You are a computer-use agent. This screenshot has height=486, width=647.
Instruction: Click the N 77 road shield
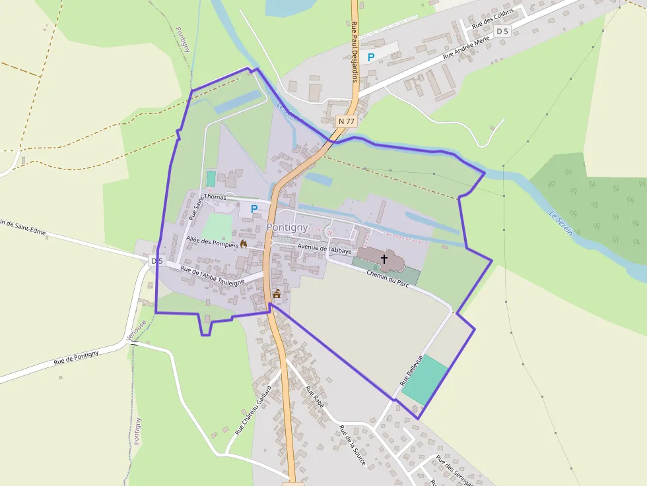pyautogui.click(x=347, y=121)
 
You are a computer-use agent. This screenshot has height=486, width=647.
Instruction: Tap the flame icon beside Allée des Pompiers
pyautogui.click(x=244, y=244)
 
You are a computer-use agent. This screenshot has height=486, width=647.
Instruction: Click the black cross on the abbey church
pyautogui.click(x=384, y=259)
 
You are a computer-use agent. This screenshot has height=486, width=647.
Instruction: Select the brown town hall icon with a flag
pyautogui.click(x=277, y=294)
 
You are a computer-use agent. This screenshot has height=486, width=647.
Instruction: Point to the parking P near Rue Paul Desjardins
pyautogui.click(x=371, y=57)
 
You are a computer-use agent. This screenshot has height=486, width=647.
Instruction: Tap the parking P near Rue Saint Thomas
pyautogui.click(x=254, y=208)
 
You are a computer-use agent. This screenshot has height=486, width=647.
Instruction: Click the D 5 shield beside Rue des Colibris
pyautogui.click(x=502, y=31)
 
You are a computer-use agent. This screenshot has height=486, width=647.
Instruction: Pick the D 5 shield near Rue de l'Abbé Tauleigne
pyautogui.click(x=156, y=260)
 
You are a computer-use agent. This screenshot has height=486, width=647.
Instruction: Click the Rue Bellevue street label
pyautogui.click(x=411, y=370)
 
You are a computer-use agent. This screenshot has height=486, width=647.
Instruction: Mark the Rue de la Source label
pyautogui.click(x=352, y=446)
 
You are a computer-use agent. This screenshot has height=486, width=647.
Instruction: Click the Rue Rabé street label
pyautogui.click(x=314, y=397)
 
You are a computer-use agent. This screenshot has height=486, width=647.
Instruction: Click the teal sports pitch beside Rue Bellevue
pyautogui.click(x=425, y=380)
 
